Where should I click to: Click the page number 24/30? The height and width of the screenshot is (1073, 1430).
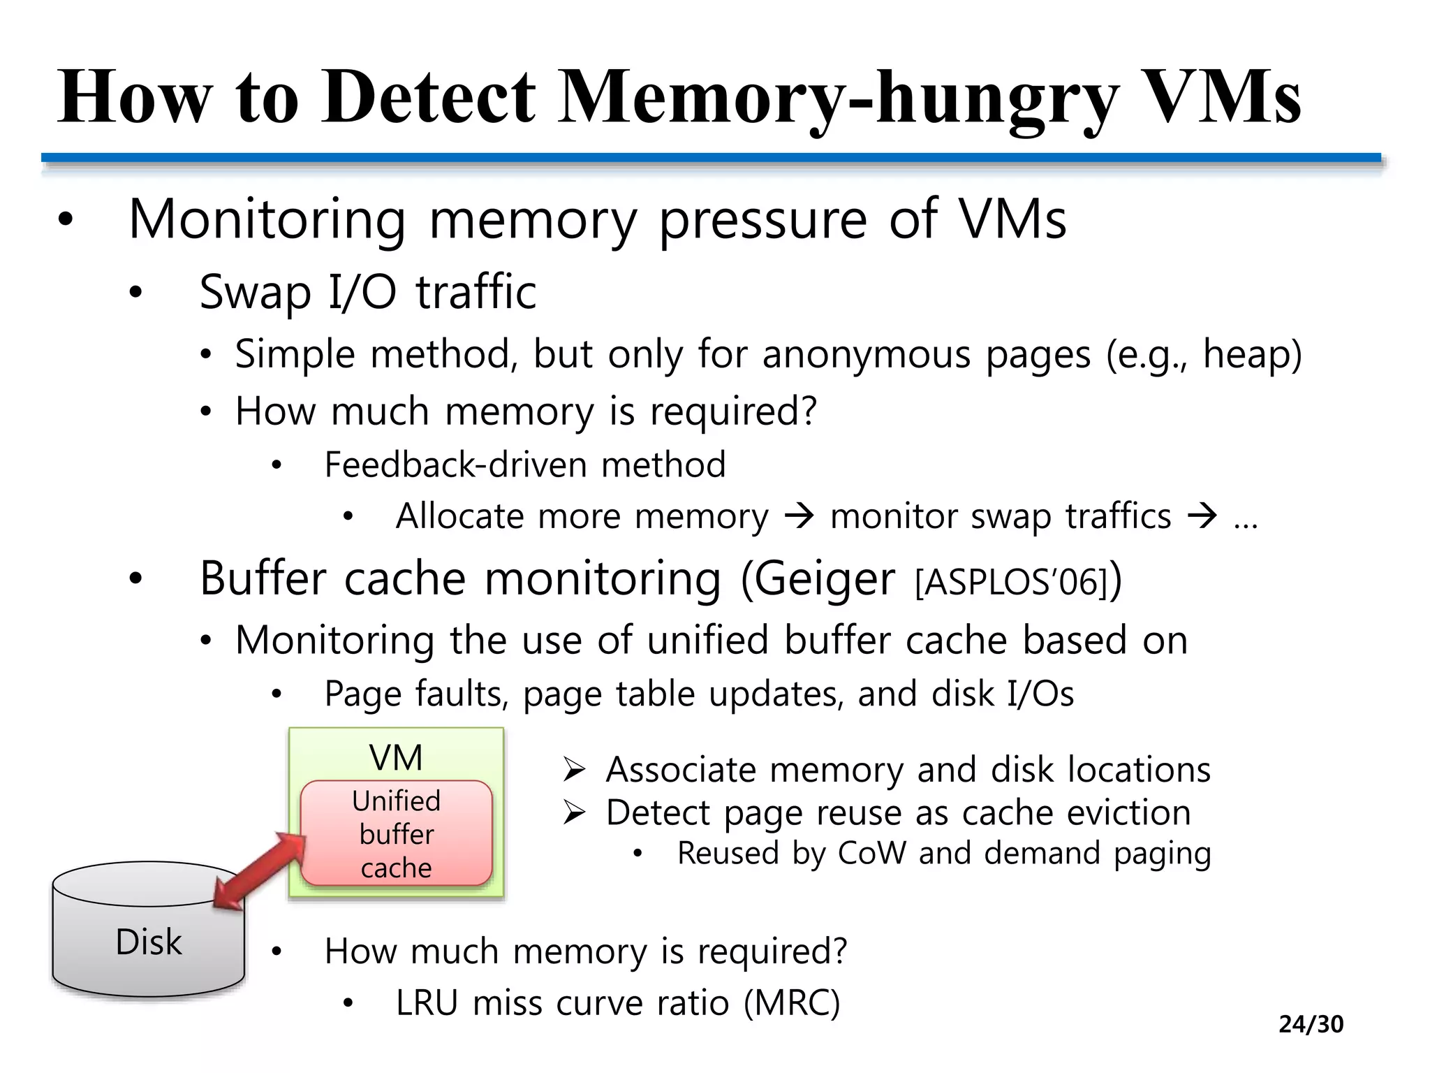click(x=1311, y=1024)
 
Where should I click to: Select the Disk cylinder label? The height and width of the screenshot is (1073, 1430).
click(x=149, y=942)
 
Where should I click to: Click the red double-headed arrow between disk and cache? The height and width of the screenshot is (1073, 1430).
click(x=260, y=870)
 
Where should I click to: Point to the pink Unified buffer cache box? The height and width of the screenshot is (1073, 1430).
click(x=396, y=834)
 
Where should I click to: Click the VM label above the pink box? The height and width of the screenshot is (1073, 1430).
click(x=396, y=758)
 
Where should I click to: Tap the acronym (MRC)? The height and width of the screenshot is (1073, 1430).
click(x=792, y=1003)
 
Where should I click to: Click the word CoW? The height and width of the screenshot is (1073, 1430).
click(x=871, y=854)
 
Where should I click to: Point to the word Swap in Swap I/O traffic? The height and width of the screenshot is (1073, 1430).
click(x=255, y=292)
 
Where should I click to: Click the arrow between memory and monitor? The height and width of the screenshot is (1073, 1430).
click(x=799, y=517)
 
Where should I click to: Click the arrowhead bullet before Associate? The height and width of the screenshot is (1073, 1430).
click(x=574, y=771)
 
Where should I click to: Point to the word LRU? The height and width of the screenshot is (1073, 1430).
click(x=427, y=1003)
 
